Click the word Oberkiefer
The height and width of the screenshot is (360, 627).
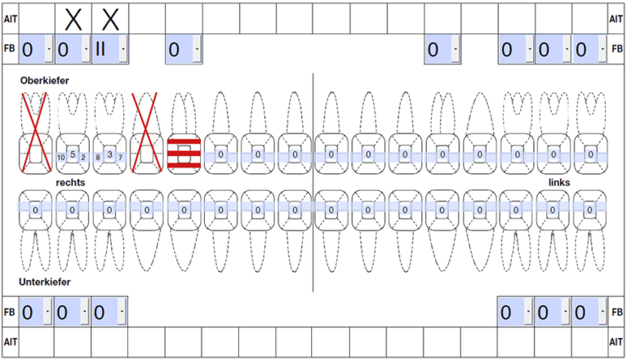[x=44, y=80]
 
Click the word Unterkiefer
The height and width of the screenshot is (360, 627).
[x=44, y=282]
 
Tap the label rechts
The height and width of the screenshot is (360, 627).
[x=70, y=182]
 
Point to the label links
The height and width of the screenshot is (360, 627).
[x=559, y=182]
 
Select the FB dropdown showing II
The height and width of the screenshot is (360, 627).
[x=110, y=49]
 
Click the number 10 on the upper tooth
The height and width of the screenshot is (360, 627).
[x=60, y=158]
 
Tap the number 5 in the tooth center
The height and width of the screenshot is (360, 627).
[x=73, y=154]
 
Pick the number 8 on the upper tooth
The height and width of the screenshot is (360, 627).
[x=98, y=158]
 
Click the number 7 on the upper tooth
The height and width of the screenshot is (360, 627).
[x=120, y=158]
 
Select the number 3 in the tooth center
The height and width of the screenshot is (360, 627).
[x=109, y=154]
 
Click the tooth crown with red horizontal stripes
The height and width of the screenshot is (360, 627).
[x=184, y=154]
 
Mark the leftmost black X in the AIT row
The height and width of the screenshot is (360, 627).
[x=73, y=20]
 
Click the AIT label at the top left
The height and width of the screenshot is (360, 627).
[x=11, y=19]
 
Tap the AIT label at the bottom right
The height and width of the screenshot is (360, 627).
[x=616, y=342]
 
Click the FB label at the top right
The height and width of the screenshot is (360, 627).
[x=617, y=48]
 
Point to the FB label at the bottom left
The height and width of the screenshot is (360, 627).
[x=9, y=312]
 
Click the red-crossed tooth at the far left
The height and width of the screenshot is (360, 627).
[x=36, y=133]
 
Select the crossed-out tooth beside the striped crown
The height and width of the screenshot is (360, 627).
[x=147, y=133]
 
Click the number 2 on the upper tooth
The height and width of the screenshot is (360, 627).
[x=83, y=158]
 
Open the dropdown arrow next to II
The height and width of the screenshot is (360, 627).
[x=123, y=49]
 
